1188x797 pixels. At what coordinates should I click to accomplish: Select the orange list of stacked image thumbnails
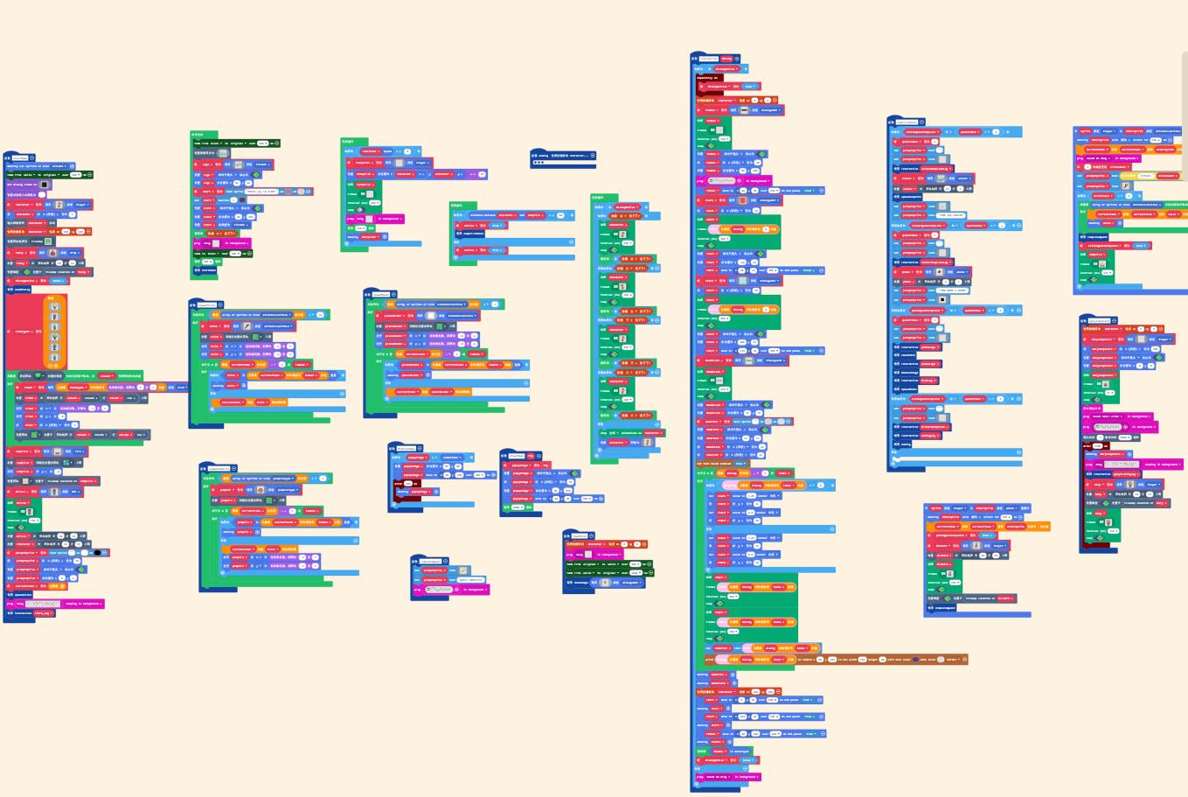coord(54,332)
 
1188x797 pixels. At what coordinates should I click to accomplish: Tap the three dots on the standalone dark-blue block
coord(538,163)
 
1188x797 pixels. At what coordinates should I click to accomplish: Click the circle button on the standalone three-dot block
coord(593,156)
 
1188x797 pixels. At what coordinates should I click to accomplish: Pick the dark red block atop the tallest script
coord(708,78)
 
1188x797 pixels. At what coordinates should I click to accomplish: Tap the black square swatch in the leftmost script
coord(44,185)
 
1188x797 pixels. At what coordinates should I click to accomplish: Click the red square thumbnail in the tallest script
coord(742,200)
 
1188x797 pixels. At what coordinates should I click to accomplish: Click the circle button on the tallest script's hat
coord(737,59)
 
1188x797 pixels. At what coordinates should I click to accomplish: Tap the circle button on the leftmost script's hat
coord(32,158)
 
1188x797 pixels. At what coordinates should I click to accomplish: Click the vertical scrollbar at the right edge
coord(1185,87)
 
